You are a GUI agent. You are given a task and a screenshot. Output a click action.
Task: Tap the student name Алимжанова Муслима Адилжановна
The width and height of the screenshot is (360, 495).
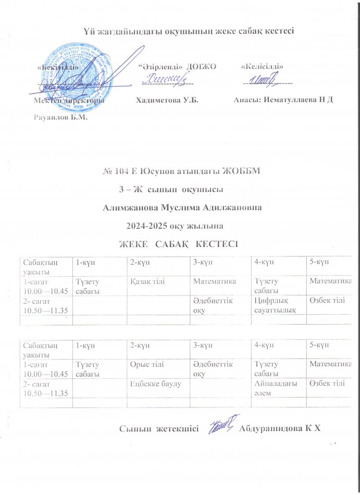coord(182,207)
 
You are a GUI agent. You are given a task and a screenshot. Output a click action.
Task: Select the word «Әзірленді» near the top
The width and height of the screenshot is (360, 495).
coord(160,67)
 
